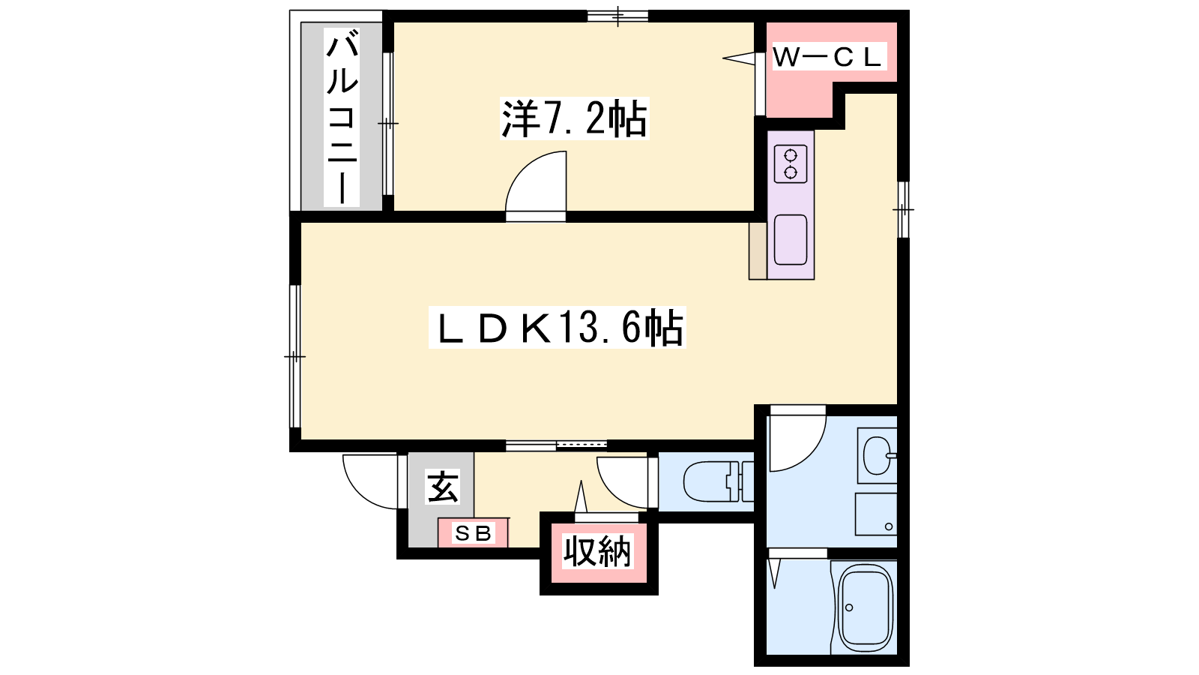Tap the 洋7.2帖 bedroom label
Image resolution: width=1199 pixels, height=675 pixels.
574,118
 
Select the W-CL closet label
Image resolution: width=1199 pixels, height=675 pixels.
827,57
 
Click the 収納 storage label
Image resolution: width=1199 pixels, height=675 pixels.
597,551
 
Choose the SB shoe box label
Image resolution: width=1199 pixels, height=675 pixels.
473,533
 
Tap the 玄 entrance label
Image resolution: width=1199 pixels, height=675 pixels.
443,487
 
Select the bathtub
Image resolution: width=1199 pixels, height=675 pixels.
865,607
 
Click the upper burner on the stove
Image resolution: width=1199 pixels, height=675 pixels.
790,156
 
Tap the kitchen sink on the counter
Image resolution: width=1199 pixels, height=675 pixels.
791,239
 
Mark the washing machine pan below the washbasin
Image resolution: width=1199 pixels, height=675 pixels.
876,514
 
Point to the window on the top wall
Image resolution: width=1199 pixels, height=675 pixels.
617,16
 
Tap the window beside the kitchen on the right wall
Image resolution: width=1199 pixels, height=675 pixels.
903,209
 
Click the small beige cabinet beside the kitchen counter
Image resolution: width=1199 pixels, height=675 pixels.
758,250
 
